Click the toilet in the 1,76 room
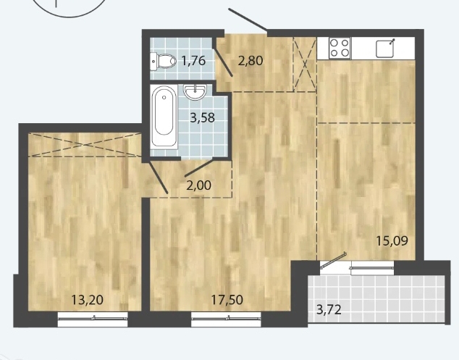click(x=164, y=62)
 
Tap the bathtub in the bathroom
click(x=164, y=116)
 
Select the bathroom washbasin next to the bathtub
click(x=195, y=92)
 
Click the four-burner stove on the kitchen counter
click(x=340, y=48)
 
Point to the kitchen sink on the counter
click(x=386, y=49)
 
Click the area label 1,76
click(x=193, y=61)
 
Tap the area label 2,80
click(x=250, y=61)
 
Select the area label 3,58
click(x=202, y=118)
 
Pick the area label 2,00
click(x=198, y=185)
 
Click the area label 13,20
click(x=87, y=300)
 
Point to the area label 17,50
click(x=227, y=300)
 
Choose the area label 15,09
click(x=392, y=241)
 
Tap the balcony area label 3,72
click(x=329, y=309)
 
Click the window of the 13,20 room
click(x=93, y=319)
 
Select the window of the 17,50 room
click(x=226, y=319)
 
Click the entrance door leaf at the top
click(x=248, y=20)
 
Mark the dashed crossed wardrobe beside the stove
click(x=305, y=64)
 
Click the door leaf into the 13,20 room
click(x=157, y=177)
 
